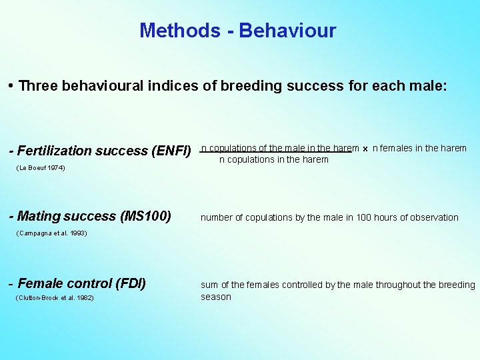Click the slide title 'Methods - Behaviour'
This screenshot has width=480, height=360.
(x=238, y=31)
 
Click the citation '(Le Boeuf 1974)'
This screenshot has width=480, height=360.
(x=40, y=168)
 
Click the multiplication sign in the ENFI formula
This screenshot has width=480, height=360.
(x=365, y=149)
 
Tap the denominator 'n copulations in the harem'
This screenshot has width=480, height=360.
(x=274, y=159)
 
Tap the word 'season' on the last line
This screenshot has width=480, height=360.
(x=216, y=297)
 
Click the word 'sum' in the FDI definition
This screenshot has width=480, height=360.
(x=209, y=285)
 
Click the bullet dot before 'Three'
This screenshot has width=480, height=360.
(x=12, y=86)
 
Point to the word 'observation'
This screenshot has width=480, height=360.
(x=435, y=217)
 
